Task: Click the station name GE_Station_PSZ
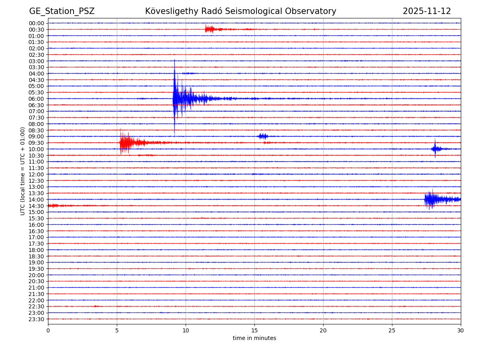[62, 12]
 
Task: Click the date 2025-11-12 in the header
[426, 12]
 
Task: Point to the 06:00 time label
[36, 99]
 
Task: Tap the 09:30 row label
[36, 143]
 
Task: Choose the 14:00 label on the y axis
[36, 200]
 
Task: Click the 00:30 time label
[36, 30]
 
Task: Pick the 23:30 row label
[36, 319]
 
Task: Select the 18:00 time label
[36, 250]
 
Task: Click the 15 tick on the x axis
[254, 331]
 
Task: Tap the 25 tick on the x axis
[392, 331]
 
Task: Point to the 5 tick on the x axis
[117, 331]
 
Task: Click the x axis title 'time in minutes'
[254, 338]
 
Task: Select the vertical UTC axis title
[23, 171]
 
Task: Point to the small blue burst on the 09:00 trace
[262, 136]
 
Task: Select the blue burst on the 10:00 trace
[435, 149]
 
